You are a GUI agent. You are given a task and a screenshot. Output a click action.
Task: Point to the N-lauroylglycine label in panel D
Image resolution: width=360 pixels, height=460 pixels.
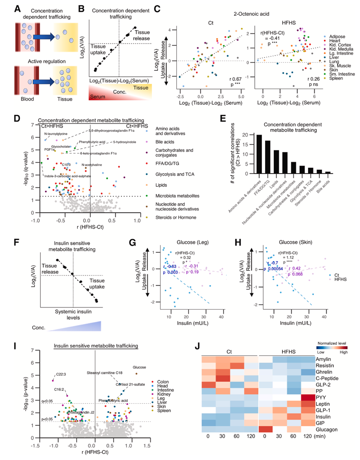point(56,134)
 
